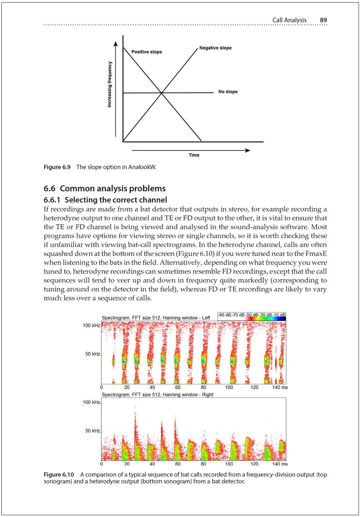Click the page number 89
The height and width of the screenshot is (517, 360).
(323, 20)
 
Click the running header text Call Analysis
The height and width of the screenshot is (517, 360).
(289, 20)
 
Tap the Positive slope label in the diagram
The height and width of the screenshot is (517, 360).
(146, 52)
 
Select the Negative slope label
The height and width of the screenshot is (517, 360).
(215, 48)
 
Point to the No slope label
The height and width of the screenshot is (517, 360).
(228, 92)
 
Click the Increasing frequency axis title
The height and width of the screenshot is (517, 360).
(110, 84)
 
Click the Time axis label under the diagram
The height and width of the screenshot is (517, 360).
(194, 155)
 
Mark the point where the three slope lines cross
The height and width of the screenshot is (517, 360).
(162, 93)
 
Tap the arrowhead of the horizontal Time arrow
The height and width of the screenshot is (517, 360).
(247, 150)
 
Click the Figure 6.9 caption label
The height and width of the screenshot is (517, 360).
(57, 167)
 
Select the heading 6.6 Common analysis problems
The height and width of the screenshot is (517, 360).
(104, 188)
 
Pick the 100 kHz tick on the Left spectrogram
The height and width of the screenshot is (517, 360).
(91, 325)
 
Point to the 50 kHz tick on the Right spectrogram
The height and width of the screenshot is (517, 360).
(93, 431)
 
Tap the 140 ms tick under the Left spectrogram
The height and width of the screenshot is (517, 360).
(280, 387)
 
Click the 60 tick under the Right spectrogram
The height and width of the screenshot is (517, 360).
(178, 464)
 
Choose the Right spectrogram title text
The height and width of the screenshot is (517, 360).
(157, 395)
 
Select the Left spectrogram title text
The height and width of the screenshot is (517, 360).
(156, 318)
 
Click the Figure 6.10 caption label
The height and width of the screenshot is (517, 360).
(59, 475)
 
